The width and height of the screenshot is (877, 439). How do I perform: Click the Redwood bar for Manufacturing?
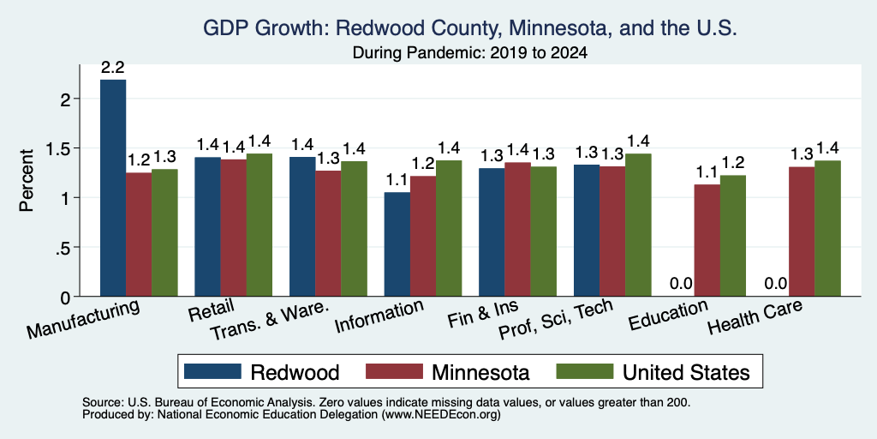[113, 188]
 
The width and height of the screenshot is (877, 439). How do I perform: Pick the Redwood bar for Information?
[397, 244]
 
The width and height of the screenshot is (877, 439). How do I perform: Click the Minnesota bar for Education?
[707, 240]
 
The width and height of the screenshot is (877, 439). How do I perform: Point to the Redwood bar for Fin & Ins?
[492, 232]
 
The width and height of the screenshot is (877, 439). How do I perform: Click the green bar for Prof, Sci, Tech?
[638, 226]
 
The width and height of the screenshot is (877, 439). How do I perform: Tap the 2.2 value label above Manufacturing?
[112, 68]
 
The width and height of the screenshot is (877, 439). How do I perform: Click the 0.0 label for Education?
[681, 283]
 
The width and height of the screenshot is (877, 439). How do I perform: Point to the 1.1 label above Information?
[397, 180]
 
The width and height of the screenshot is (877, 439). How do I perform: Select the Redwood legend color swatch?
[212, 371]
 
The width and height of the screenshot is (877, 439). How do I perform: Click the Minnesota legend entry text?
[480, 372]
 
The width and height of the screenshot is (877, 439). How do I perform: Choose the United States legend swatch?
[584, 371]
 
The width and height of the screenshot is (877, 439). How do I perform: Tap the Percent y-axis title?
[27, 180]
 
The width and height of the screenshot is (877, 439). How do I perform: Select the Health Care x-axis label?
[755, 316]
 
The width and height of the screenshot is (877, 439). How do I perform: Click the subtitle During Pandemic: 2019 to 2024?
[470, 53]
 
